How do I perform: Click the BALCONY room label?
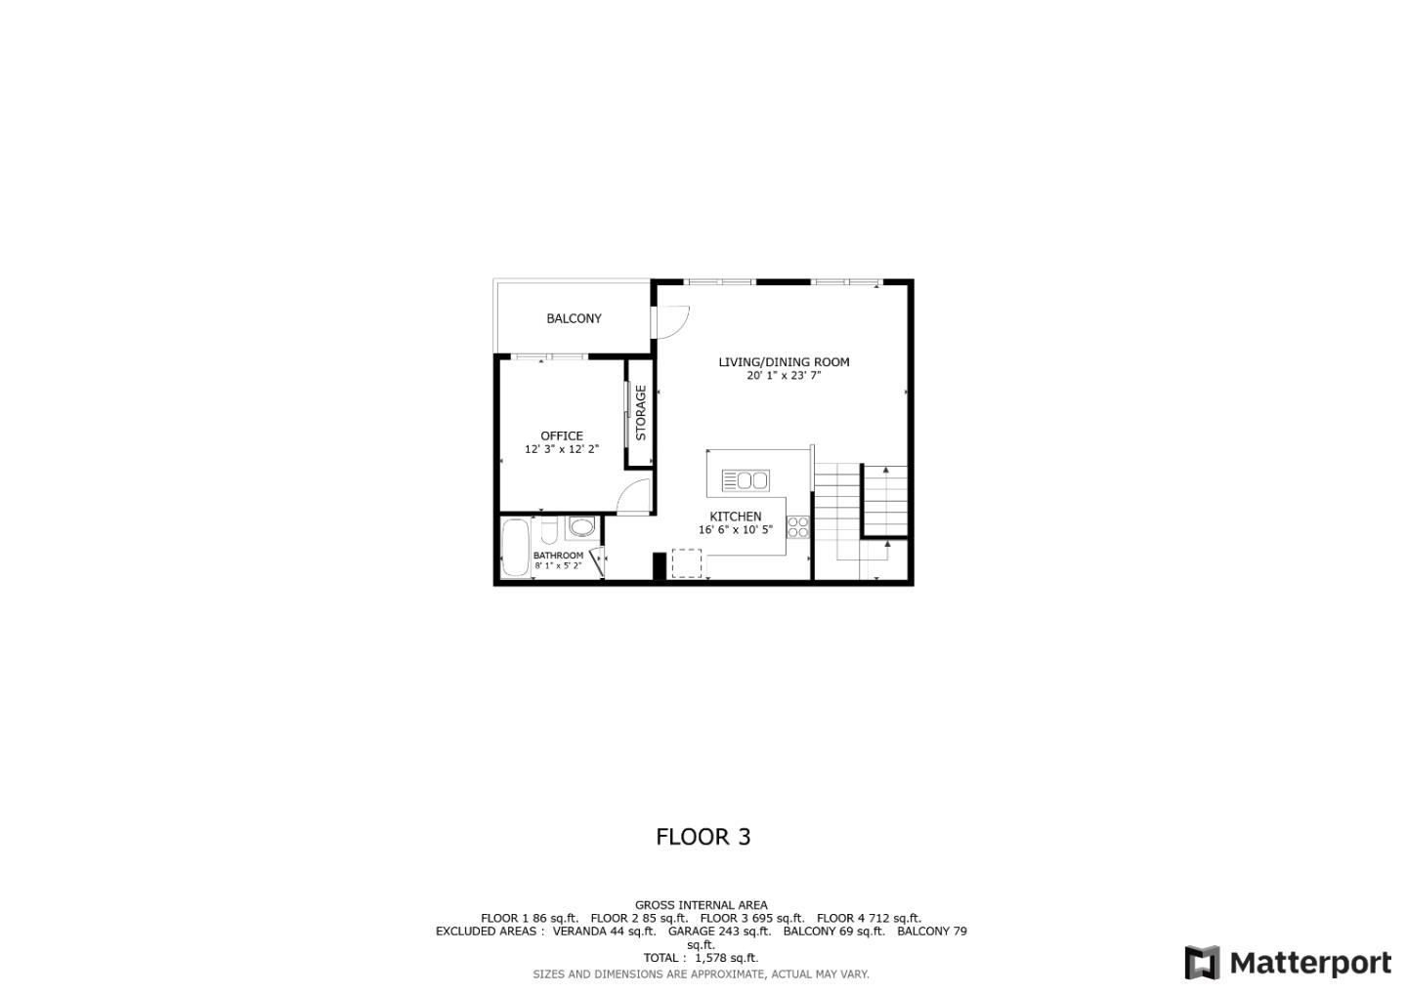(x=574, y=318)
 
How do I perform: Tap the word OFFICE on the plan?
(x=562, y=436)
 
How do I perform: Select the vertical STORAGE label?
(x=641, y=413)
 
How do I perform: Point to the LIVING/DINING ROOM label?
(x=784, y=362)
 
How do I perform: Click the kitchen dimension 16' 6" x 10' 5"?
(x=736, y=529)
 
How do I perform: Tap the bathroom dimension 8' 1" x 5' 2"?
(x=558, y=565)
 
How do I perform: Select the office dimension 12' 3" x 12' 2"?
(x=562, y=449)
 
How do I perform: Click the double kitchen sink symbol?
(x=746, y=480)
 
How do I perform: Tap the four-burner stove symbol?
(x=797, y=527)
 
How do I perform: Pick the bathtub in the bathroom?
(x=515, y=547)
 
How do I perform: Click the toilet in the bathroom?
(x=548, y=531)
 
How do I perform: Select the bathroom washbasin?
(x=582, y=527)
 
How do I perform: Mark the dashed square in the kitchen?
(x=687, y=563)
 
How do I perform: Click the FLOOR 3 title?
(x=703, y=837)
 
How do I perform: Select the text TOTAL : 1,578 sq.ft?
(x=701, y=958)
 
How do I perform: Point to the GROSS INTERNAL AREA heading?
(x=701, y=905)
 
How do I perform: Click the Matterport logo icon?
(x=1202, y=963)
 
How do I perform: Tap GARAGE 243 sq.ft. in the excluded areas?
(x=719, y=932)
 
